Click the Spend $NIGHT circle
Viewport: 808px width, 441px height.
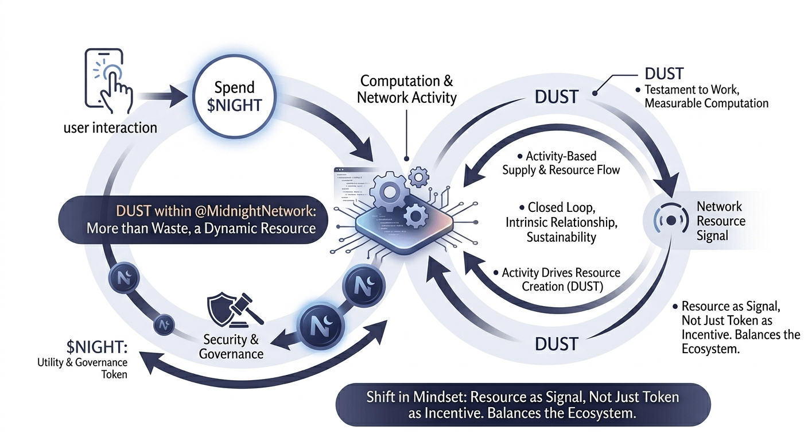(x=234, y=96)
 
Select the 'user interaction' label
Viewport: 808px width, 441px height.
(x=110, y=127)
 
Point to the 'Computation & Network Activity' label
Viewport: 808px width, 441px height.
(x=406, y=89)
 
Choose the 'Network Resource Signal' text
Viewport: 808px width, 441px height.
(x=720, y=221)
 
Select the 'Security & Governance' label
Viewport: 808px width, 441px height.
(x=231, y=346)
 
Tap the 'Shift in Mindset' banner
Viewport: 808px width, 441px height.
(x=523, y=405)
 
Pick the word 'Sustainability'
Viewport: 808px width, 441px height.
(x=561, y=237)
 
